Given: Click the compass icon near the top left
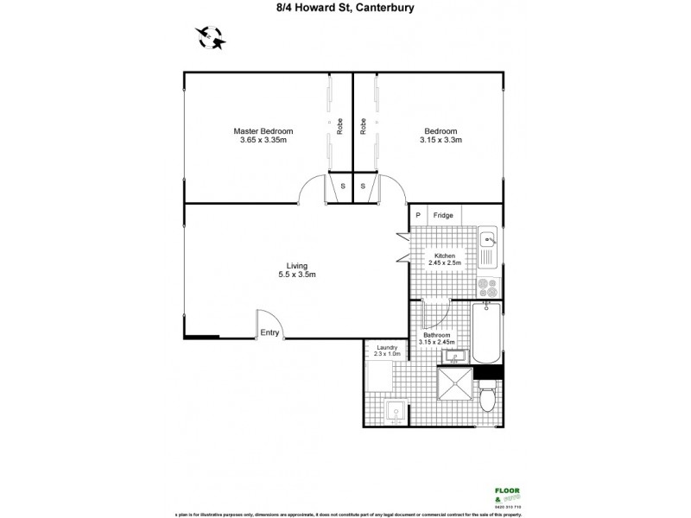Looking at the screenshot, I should click(210, 37).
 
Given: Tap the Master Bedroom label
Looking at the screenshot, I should click(263, 131).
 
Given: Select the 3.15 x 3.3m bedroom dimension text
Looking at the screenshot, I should click(441, 140).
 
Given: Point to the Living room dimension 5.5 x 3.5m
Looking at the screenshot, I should click(297, 275).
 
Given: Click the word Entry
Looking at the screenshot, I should click(269, 332).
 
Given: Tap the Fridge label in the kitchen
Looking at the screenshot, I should click(442, 215).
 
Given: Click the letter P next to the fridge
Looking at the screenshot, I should click(417, 215).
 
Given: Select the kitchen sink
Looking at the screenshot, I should click(487, 245).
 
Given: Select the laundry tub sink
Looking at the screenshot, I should click(395, 412).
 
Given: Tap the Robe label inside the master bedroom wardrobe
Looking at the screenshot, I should click(339, 128).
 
